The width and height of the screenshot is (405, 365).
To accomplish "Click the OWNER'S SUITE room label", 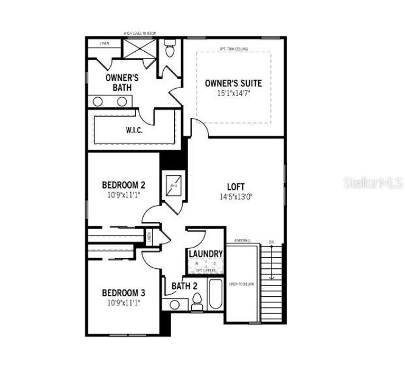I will (x=233, y=83).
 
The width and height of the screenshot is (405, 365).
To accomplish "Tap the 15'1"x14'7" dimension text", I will (x=233, y=94).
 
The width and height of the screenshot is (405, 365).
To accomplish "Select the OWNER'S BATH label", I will (x=122, y=82).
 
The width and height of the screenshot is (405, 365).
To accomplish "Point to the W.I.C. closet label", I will (x=135, y=130).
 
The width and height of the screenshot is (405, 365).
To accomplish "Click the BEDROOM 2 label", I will (x=123, y=185).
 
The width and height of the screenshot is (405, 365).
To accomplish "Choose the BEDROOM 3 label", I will (x=123, y=292).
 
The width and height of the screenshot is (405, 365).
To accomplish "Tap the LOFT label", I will (x=236, y=187).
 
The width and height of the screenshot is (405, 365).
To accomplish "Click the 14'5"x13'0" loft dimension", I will (x=236, y=196).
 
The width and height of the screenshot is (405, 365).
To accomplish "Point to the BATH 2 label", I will (x=184, y=286).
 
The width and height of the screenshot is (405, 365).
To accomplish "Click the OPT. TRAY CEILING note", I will (x=233, y=49).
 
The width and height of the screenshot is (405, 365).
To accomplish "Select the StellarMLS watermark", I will (x=373, y=182).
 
